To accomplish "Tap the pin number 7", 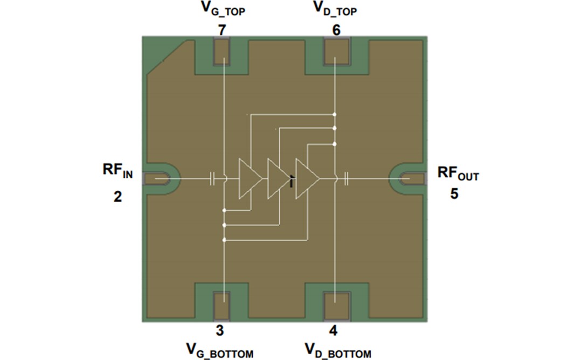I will (222, 30).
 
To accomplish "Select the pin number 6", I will (336, 30).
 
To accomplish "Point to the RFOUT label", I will (457, 174).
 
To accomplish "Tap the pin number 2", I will (117, 196).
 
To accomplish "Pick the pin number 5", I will (454, 193).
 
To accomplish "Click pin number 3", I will (220, 330).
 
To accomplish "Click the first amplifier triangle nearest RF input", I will (248, 178).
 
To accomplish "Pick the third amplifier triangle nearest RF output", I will (306, 178).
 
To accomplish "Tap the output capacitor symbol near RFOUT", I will (346, 177).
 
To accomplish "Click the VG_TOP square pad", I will (222, 51).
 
